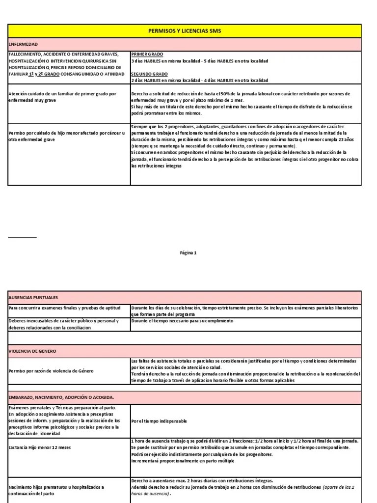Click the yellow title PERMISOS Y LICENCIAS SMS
(x=184, y=31)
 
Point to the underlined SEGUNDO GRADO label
(x=149, y=73)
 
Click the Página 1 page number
(x=188, y=253)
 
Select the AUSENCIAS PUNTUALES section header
(x=33, y=298)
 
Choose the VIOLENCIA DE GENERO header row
(x=32, y=351)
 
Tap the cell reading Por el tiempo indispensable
(x=159, y=421)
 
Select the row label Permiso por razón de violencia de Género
(x=51, y=370)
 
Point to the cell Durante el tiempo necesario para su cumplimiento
(x=182, y=321)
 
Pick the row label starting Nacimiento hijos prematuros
(x=56, y=490)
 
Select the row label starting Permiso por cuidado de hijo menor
(x=66, y=136)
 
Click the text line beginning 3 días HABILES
(x=199, y=61)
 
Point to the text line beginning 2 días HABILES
(x=199, y=80)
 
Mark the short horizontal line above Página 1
(x=22, y=237)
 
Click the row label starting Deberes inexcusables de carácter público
(x=63, y=324)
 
